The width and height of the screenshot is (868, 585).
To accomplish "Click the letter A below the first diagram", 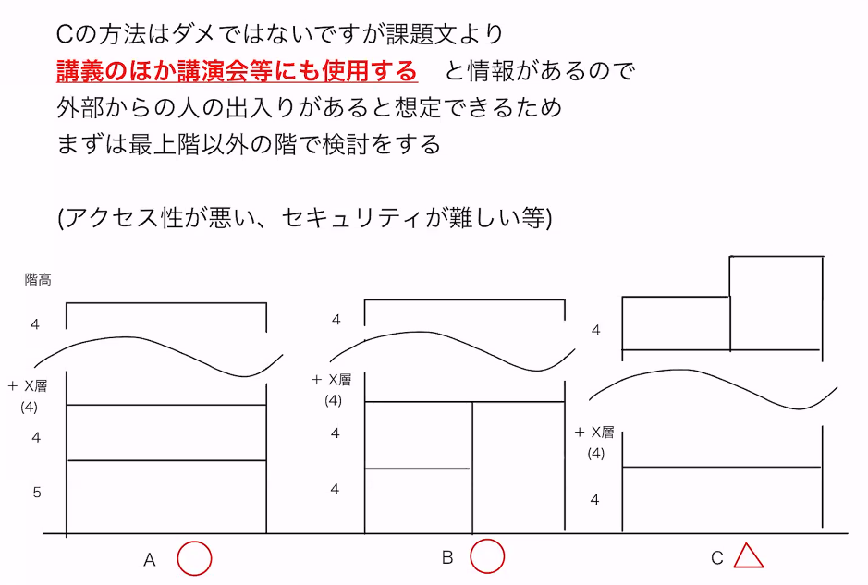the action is click(150, 560).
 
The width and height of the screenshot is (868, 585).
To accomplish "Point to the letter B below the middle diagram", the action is click(447, 557).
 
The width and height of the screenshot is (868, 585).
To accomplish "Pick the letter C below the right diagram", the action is click(717, 558).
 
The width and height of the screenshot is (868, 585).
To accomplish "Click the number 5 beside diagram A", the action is click(37, 493).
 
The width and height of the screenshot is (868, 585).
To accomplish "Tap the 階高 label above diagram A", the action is click(38, 279).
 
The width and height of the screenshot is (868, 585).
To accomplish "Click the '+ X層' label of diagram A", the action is click(28, 385).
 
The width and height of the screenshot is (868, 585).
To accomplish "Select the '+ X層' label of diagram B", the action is click(332, 379).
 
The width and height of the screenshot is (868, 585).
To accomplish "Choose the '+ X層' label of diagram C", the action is click(594, 432).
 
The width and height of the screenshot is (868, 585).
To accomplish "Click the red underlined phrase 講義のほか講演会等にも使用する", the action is click(237, 71).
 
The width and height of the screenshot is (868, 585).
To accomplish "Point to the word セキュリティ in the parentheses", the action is click(344, 218).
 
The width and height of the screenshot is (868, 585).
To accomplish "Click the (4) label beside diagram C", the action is click(595, 454).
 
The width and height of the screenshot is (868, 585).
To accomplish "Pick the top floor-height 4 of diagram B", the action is click(336, 320).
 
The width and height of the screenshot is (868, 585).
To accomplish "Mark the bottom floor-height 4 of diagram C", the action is click(594, 500).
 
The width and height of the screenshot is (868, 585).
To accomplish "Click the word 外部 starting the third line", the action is click(80, 108).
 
